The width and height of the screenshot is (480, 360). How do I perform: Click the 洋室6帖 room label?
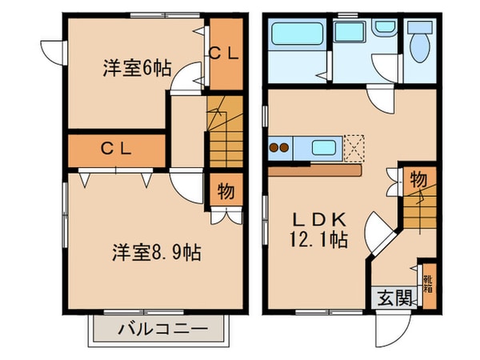pos(136,68)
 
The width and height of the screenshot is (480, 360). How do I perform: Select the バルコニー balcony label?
pos(163,328)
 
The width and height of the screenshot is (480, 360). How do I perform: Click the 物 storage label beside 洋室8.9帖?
pos(226,192)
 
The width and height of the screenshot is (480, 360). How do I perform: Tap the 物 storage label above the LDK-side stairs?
pos(418,178)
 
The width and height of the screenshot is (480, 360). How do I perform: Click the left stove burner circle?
pos(274,147)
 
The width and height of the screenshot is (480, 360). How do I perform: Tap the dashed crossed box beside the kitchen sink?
pos(353,146)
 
